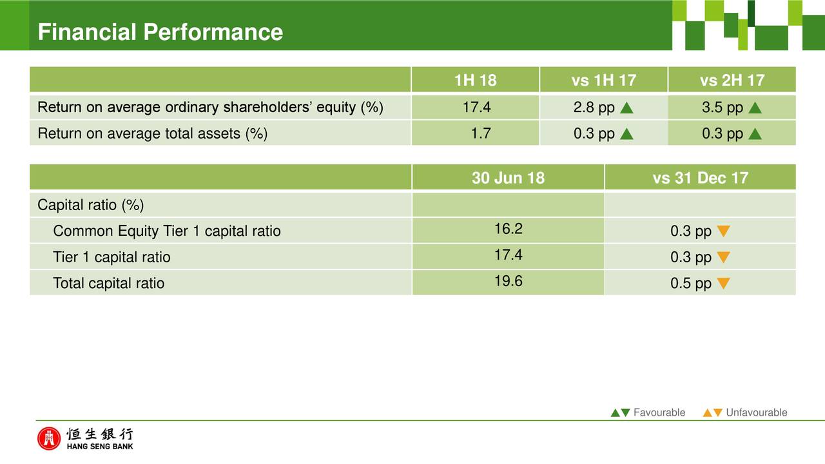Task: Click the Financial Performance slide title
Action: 160,32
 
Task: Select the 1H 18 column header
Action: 475,81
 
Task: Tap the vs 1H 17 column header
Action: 604,81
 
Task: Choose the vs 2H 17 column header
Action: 732,81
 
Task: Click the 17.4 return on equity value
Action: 476,107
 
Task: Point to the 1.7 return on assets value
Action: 481,133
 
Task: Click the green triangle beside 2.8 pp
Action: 626,108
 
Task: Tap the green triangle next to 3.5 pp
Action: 755,108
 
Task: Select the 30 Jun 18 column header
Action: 509,178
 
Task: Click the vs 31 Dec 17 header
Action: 700,178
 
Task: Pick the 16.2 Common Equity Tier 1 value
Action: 509,229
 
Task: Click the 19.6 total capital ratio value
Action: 509,281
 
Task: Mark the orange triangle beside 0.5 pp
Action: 723,283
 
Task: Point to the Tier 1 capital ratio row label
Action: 112,257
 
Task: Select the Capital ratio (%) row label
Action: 91,205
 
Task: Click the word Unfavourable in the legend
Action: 757,412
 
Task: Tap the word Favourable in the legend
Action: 659,412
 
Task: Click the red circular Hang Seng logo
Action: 48,439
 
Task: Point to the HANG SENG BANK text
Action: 100,447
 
